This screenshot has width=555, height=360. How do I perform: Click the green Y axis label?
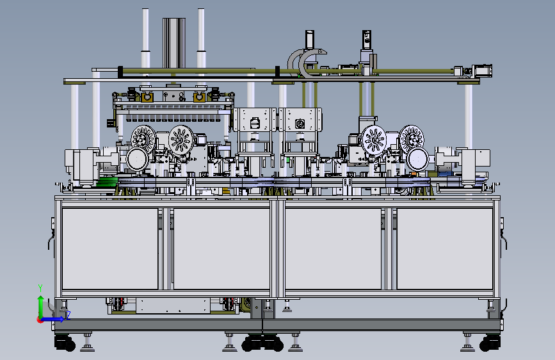coord(40,288)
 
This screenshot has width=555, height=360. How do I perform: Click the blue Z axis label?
coord(68,315)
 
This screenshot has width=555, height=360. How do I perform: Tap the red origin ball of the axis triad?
coord(40,320)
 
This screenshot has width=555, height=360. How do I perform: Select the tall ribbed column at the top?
coord(173,43)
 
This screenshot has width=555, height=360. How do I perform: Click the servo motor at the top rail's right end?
coord(482,70)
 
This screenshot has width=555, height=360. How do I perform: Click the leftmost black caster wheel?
coord(65,343)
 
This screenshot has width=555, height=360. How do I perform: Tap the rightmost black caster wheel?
coord(490,343)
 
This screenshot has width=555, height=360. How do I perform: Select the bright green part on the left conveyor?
coord(106,182)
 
